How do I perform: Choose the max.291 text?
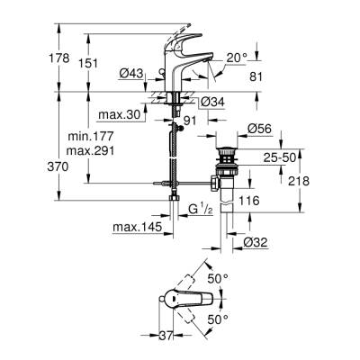(88, 152)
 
